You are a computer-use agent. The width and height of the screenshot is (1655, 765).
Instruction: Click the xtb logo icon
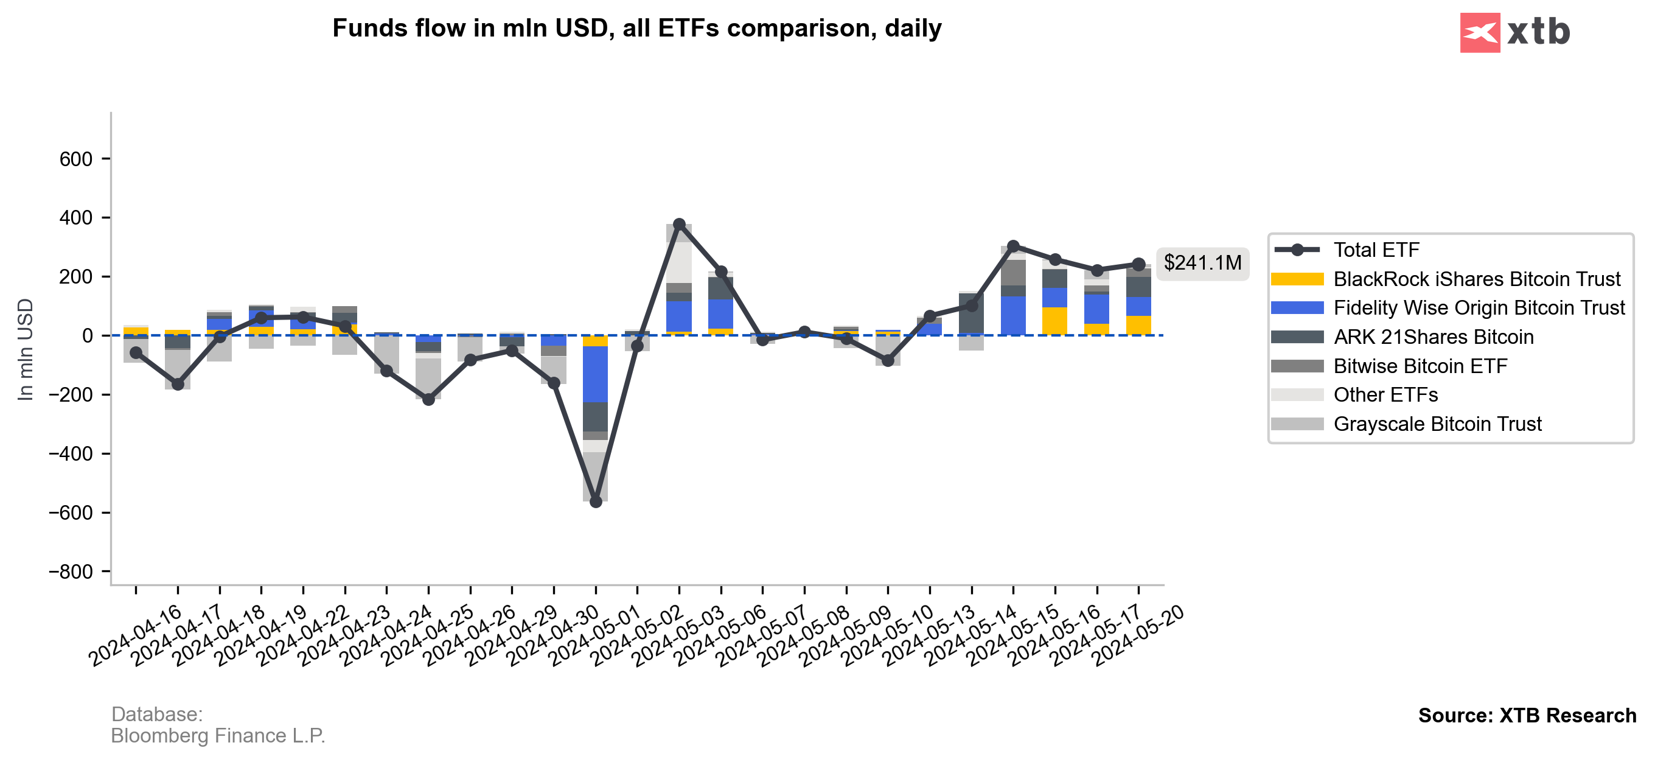click(1479, 33)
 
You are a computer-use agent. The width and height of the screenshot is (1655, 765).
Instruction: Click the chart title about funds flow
click(636, 28)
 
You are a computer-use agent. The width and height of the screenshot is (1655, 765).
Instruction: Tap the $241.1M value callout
click(1202, 263)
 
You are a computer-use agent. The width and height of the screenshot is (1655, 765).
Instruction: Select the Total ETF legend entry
click(1376, 250)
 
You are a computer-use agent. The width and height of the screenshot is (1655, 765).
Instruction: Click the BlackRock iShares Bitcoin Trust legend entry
click(1476, 279)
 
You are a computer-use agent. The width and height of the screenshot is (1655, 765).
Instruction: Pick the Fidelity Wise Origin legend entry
click(1479, 308)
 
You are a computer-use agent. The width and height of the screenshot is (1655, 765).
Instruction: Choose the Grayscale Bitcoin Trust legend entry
click(1437, 424)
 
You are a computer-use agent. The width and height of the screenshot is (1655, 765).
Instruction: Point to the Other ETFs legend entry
click(1385, 395)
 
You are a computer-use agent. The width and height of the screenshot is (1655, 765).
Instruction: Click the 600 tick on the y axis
click(77, 159)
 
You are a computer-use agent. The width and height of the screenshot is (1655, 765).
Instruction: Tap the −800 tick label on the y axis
click(71, 571)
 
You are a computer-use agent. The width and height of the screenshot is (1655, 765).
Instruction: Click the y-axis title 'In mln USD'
click(25, 350)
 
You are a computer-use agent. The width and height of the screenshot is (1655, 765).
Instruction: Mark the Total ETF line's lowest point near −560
click(596, 501)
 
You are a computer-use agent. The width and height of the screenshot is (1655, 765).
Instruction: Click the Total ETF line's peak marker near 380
click(679, 225)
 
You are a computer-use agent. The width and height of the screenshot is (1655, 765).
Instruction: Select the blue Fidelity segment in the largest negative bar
click(596, 374)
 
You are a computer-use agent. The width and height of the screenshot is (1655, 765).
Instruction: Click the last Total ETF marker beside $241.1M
click(1138, 264)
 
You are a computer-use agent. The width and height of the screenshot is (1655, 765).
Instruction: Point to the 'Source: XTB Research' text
click(1527, 716)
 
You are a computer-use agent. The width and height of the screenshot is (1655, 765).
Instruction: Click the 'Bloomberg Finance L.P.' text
click(218, 735)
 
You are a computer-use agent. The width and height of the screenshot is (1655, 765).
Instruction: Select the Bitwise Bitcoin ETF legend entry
click(1420, 366)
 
